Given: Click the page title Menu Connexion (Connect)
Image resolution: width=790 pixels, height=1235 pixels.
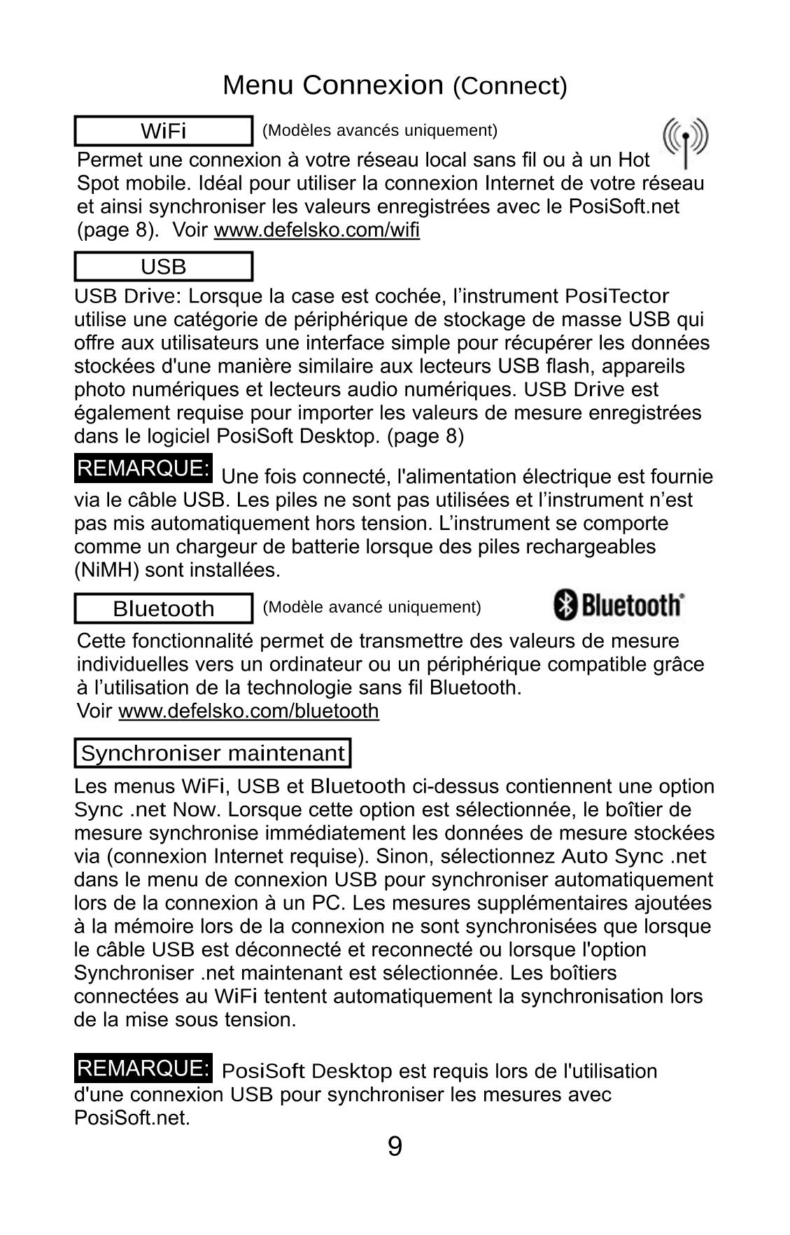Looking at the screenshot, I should click(x=395, y=85).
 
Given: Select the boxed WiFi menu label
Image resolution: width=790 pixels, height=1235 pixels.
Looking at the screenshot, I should click(x=163, y=131).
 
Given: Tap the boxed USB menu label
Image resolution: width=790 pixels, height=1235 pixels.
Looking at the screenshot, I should click(x=163, y=267).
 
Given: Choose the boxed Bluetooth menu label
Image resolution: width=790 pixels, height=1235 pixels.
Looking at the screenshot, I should click(x=163, y=608).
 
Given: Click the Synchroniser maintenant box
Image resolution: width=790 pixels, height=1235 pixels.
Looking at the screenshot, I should click(x=212, y=753).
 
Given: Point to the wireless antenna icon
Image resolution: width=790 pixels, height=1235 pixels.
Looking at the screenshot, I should click(x=685, y=142).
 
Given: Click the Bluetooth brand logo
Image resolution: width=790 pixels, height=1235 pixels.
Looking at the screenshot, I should click(x=619, y=605).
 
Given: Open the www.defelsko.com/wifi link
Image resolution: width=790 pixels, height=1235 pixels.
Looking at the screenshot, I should click(x=316, y=230).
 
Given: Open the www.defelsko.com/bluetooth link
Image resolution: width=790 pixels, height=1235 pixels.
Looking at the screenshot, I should click(x=248, y=711).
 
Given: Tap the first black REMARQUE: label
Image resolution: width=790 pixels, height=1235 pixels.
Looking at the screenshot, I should click(x=143, y=468).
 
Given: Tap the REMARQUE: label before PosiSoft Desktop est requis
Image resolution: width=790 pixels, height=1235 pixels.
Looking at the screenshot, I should click(x=143, y=1069).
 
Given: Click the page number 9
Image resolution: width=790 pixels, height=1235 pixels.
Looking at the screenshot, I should click(x=395, y=1147).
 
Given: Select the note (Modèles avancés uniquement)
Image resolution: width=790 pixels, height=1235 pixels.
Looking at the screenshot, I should click(x=379, y=130).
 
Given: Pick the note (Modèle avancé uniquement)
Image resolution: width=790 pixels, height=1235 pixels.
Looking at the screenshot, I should click(x=372, y=607).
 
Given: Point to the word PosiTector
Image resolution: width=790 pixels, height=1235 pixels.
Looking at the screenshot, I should click(x=616, y=297).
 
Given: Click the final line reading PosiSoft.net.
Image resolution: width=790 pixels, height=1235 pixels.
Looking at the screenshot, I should click(x=132, y=1117).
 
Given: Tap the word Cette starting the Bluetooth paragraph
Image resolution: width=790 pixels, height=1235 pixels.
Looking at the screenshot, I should click(x=101, y=641).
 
